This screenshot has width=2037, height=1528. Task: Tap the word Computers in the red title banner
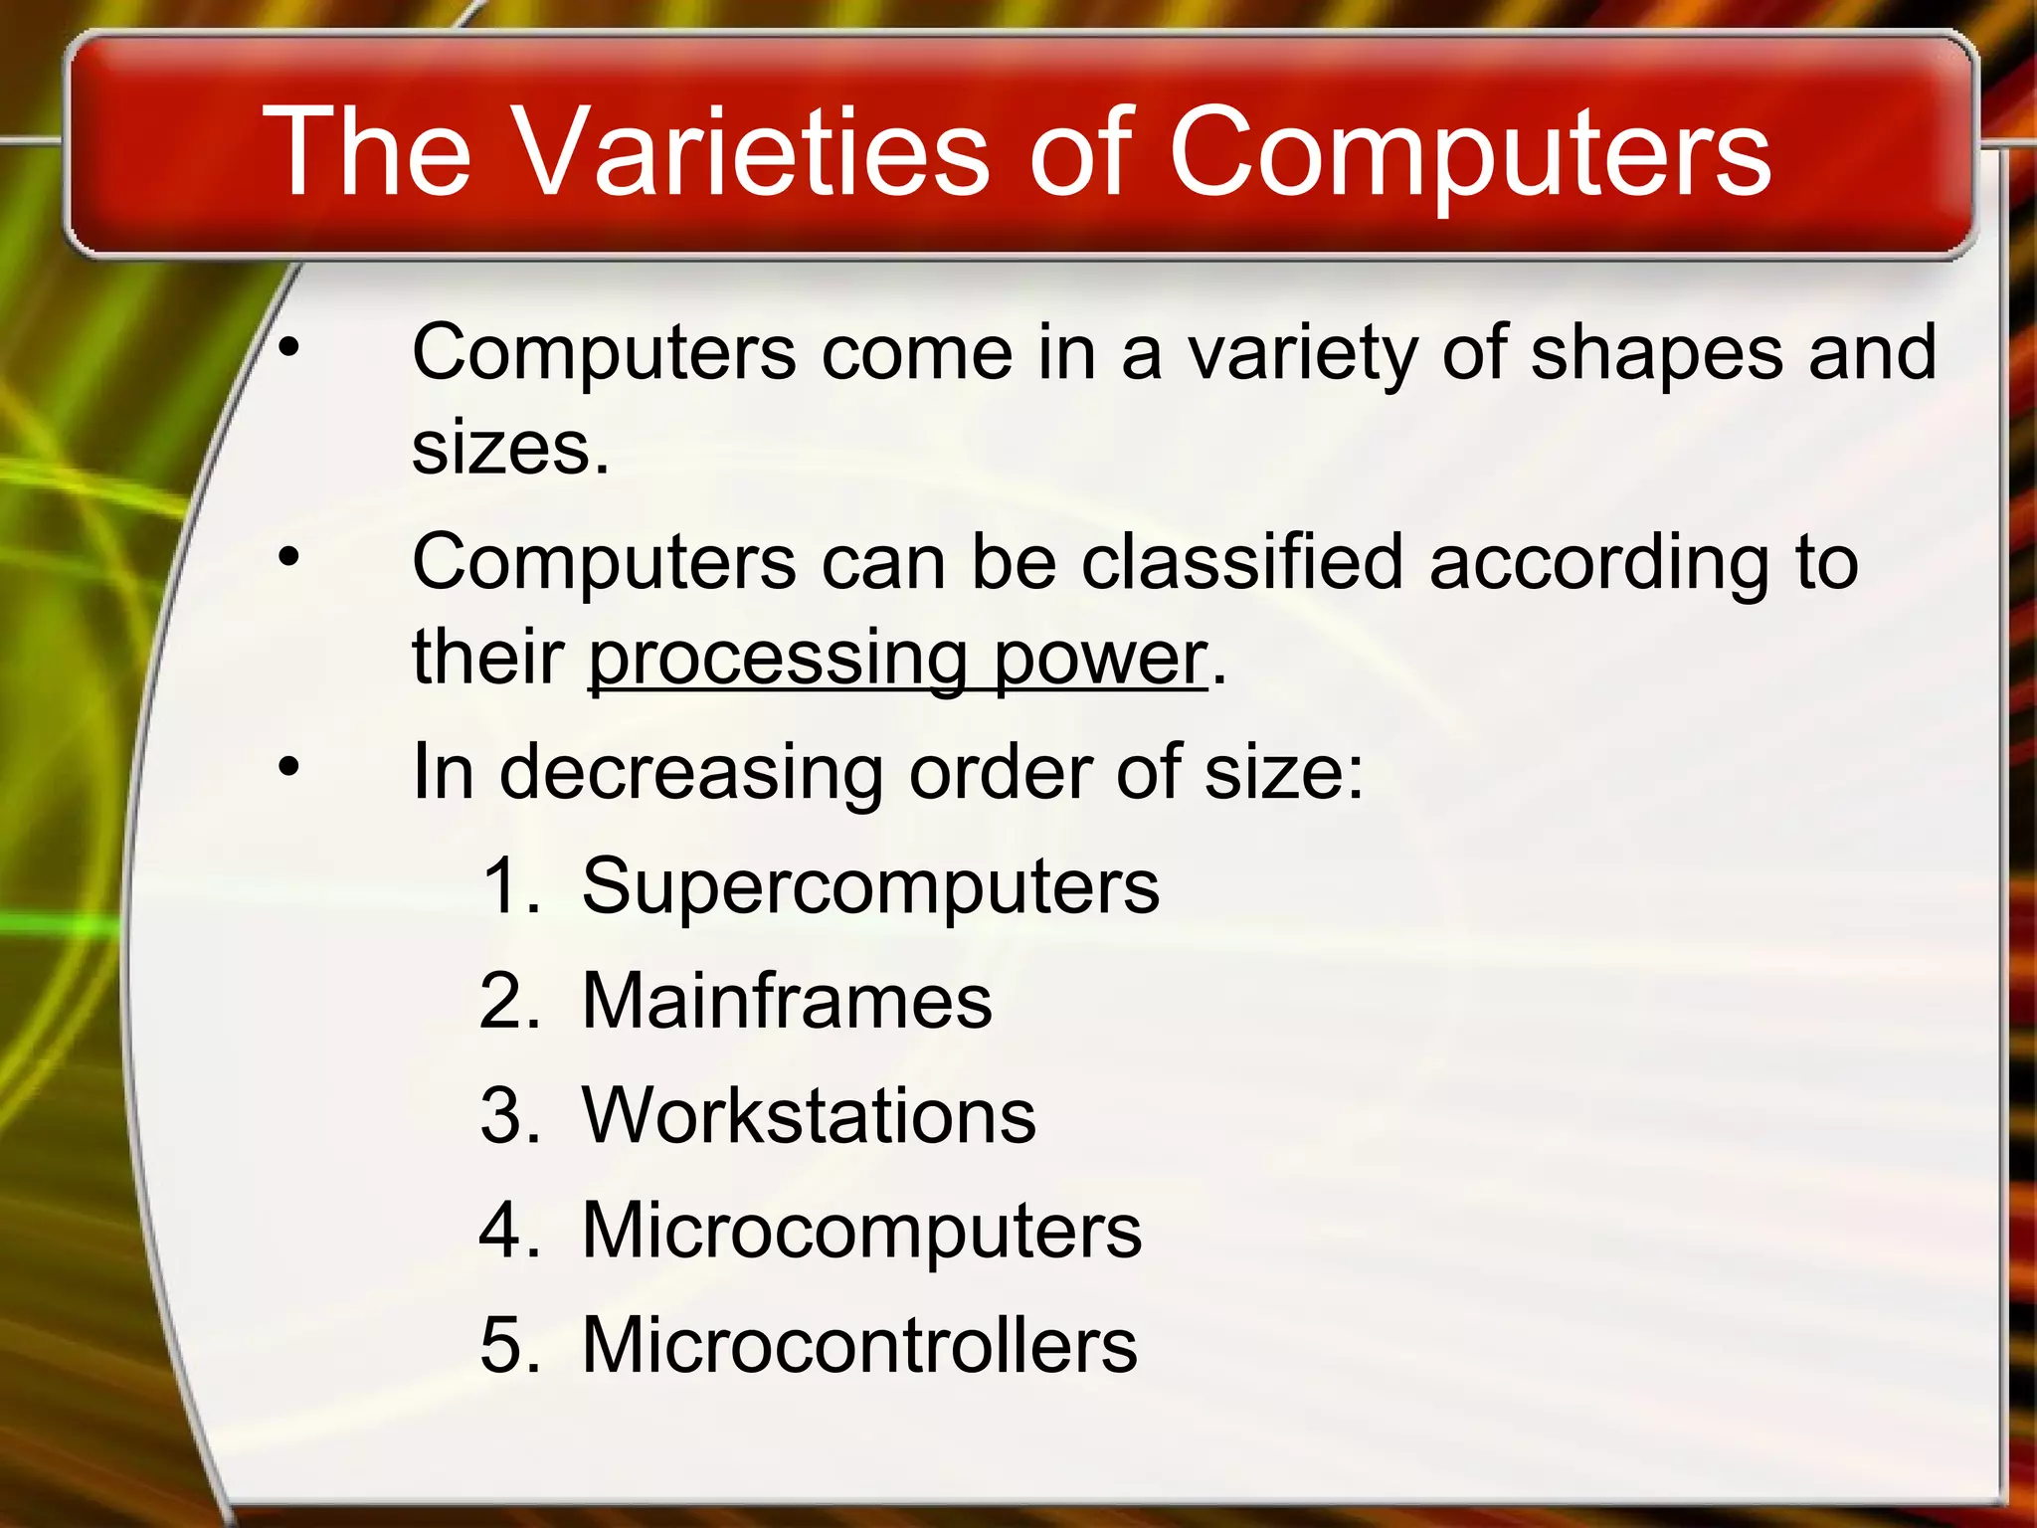[1469, 151]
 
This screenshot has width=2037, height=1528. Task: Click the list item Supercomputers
[869, 885]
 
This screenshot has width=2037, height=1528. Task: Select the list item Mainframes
[786, 1001]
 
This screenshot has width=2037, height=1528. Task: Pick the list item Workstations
[808, 1115]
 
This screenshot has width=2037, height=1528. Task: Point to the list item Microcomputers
[861, 1231]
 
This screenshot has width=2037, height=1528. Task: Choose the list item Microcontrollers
[859, 1345]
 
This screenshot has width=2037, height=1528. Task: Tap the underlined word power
[1100, 659]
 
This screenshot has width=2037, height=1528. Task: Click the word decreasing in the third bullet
[690, 772]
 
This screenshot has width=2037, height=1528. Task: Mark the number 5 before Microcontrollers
[502, 1345]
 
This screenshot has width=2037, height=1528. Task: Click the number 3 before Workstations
[502, 1115]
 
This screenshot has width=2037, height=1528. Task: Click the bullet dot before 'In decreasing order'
[288, 767]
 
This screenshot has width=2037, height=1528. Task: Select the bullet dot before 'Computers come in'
[288, 347]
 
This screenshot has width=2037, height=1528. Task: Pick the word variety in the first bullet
[1302, 352]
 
